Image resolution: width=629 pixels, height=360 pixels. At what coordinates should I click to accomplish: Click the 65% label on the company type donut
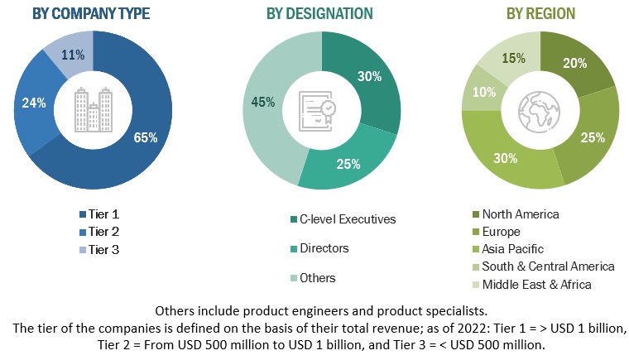pyautogui.click(x=146, y=137)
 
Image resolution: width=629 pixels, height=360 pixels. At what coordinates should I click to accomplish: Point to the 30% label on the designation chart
pyautogui.click(x=370, y=76)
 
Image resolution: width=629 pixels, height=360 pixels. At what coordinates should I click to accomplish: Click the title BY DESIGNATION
pyautogui.click(x=319, y=14)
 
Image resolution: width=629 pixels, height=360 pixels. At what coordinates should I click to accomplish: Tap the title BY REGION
pyautogui.click(x=540, y=14)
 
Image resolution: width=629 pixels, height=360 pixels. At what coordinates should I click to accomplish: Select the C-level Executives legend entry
pyautogui.click(x=343, y=219)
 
